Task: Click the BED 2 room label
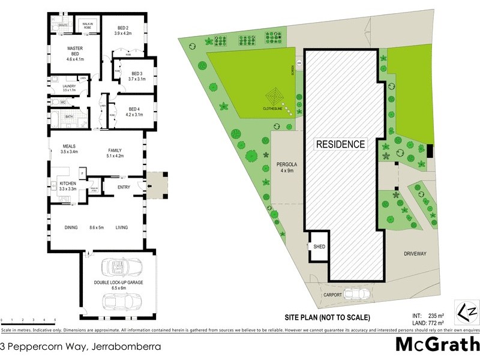[122, 28]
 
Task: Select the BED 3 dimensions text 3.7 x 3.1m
[137, 79]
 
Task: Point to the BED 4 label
[134, 109]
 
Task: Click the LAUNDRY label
[64, 86]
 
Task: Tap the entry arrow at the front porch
[149, 185]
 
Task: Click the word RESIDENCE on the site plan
[340, 144]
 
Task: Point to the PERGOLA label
[287, 164]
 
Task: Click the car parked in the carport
[360, 293]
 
